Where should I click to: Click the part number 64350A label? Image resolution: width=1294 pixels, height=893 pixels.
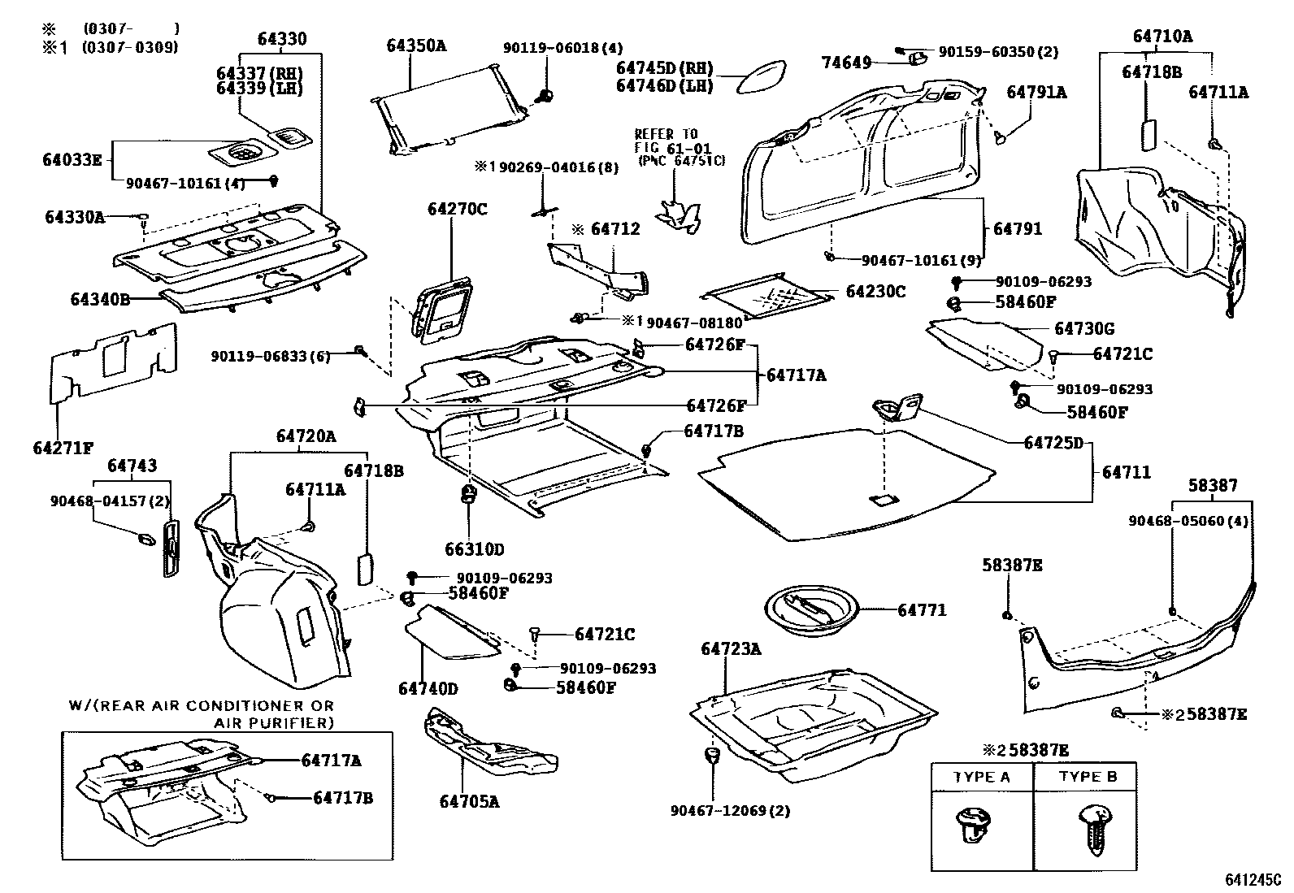[416, 46]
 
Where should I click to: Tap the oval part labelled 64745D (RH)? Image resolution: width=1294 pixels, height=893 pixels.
[762, 76]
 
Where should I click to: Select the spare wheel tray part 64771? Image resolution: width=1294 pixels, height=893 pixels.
[812, 610]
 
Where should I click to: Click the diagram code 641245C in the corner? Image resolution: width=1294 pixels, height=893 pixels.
[1257, 880]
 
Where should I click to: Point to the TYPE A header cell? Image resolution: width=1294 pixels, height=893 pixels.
[982, 778]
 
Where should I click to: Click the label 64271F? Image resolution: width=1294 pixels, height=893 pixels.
[63, 448]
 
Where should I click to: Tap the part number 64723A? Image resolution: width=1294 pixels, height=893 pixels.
[731, 648]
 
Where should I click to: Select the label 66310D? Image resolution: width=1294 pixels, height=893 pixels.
[474, 549]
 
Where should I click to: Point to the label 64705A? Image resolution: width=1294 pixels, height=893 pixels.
[469, 802]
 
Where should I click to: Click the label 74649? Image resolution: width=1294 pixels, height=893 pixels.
[846, 63]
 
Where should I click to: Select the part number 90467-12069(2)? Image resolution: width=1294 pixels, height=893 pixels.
[730, 811]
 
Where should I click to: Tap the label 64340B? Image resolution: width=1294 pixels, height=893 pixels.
[101, 299]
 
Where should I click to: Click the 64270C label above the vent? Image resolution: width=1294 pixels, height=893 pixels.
[458, 209]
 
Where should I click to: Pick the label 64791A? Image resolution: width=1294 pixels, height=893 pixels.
[1037, 93]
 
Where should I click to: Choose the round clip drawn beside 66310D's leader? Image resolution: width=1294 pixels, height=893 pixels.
[468, 494]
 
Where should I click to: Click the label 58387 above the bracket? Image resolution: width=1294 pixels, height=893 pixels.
[1213, 485]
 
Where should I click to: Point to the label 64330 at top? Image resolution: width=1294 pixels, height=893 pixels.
[282, 39]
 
